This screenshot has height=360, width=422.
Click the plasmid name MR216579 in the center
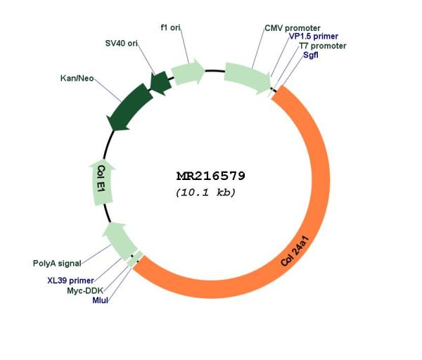pos(211,176)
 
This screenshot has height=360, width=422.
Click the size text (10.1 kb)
pos(205,192)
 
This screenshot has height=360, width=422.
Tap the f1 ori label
pos(171,27)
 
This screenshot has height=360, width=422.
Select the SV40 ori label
pos(122,43)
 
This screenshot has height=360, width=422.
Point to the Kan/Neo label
pos(77,78)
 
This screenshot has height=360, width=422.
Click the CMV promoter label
pos(293,28)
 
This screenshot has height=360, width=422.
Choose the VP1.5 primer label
pos(314,36)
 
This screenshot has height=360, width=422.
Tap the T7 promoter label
pos(323,46)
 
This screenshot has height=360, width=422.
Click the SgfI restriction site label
pos(311,55)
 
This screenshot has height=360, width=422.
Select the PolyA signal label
pos(57,263)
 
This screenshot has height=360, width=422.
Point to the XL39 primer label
pos(70,281)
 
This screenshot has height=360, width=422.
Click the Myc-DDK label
pos(85,290)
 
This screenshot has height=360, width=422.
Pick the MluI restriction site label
pos(100,300)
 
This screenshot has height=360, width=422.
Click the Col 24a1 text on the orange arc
pos(295,251)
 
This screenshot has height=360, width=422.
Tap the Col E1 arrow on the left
pos(102,182)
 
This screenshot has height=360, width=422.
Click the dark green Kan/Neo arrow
pos(129,108)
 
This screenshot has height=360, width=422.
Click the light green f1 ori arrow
pos(188,72)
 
